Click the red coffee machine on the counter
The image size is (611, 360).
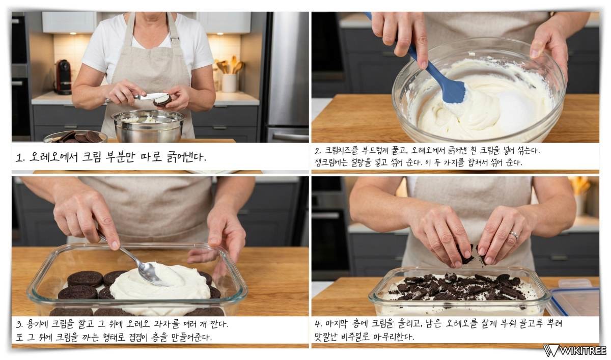click(x=63, y=77)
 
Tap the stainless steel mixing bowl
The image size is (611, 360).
click(x=149, y=126)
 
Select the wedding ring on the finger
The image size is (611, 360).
click(x=514, y=235)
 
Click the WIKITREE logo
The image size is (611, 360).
click(x=575, y=350)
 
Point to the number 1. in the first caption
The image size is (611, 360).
click(x=20, y=158)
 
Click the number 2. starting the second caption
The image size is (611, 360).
click(x=318, y=151)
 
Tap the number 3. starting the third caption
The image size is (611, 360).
click(x=20, y=324)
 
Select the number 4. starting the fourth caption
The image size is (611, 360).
click(x=318, y=324)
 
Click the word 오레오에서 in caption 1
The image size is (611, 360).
click(x=53, y=157)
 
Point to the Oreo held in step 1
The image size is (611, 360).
click(x=162, y=100)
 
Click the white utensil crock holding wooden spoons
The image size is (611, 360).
click(x=229, y=83)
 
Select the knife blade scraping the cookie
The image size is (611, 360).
click(x=150, y=96)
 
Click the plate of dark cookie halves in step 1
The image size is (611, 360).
click(x=75, y=136)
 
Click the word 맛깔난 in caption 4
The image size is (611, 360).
click(x=325, y=338)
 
